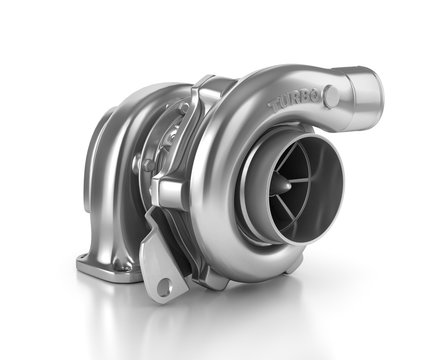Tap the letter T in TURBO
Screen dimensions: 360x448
pyautogui.click(x=274, y=105)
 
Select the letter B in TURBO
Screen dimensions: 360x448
pyautogui.click(x=308, y=95)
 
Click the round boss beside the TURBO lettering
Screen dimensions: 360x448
pyautogui.click(x=331, y=97)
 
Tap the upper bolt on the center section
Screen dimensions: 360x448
pyautogui.click(x=184, y=107)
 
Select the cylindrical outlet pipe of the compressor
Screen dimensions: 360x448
pyautogui.click(x=355, y=90)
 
